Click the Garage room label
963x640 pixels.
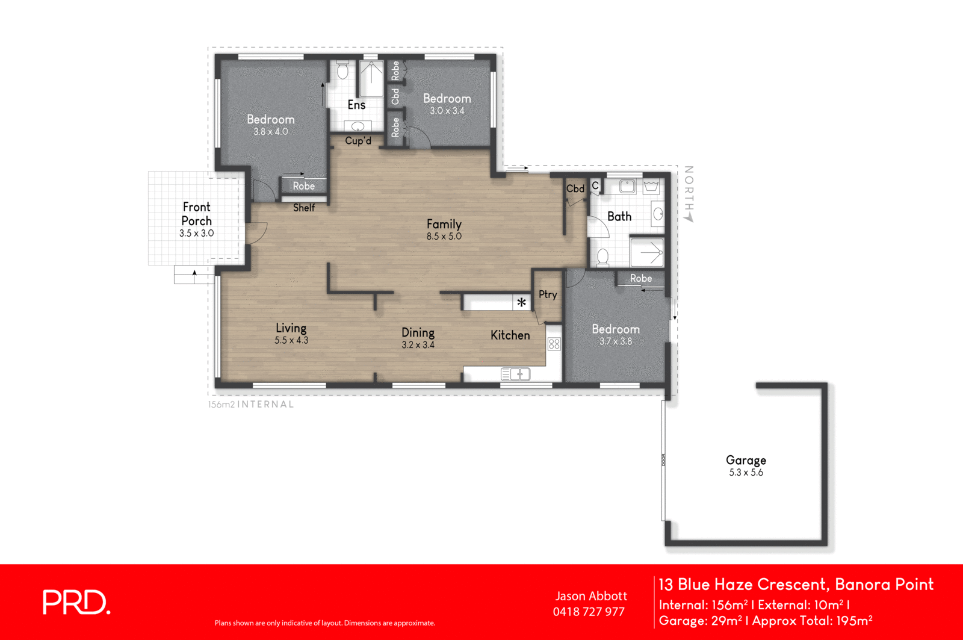click(x=746, y=460)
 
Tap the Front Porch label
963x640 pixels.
click(x=197, y=214)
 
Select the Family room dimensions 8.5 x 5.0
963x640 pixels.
click(x=444, y=237)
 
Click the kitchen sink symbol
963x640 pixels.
click(x=515, y=374)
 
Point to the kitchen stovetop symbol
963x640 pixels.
click(x=554, y=344)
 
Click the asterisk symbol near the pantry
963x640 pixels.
click(x=521, y=302)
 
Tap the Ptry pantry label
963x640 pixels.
click(x=548, y=294)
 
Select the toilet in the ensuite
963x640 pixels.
click(x=342, y=71)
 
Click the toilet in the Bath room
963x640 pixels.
click(x=602, y=257)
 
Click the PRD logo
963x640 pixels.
click(x=76, y=602)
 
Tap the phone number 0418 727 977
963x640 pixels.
click(x=589, y=612)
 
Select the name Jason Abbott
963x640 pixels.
click(x=590, y=596)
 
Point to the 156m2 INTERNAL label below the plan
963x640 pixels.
click(x=251, y=405)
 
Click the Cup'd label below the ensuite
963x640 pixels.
click(x=358, y=141)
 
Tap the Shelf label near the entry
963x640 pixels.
click(x=304, y=208)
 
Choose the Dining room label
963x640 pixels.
click(x=418, y=332)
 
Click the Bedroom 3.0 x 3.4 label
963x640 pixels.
click(x=447, y=103)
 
